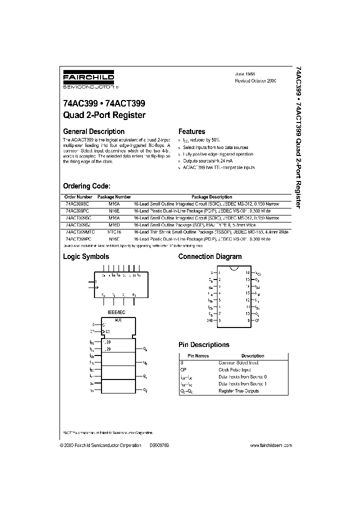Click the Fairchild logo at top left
[x=88, y=79]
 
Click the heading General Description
[x=93, y=132]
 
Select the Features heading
[x=191, y=132]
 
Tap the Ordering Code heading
[x=90, y=186]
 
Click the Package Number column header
[x=114, y=197]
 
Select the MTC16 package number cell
[x=114, y=232]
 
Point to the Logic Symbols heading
[x=85, y=256]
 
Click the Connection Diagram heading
[x=210, y=256]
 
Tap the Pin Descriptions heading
[x=204, y=344]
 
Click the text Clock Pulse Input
[x=234, y=369]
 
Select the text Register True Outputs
[x=238, y=390]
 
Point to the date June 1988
[x=245, y=73]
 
